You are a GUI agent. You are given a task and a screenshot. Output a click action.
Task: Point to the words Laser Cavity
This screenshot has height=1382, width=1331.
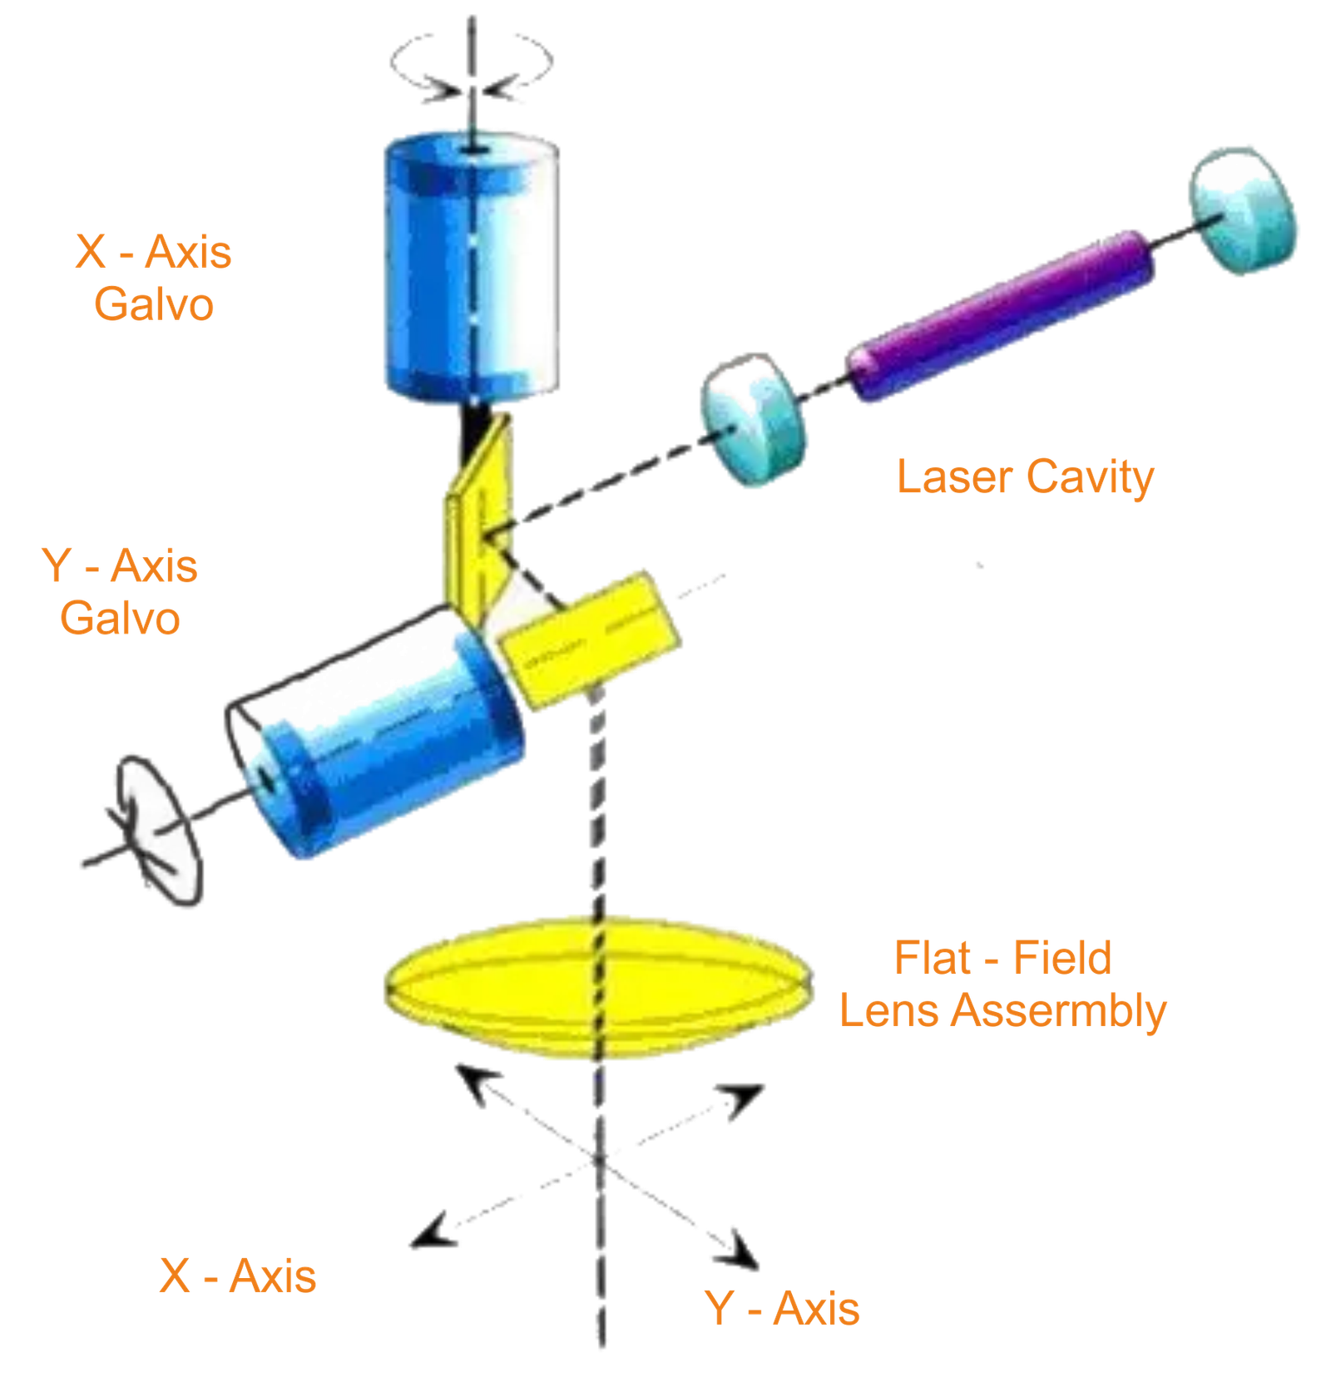click(x=1025, y=478)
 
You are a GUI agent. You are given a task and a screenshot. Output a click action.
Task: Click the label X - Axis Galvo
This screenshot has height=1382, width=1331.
click(x=154, y=277)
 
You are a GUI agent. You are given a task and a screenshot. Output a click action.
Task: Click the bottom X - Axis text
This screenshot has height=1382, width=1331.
click(x=238, y=1276)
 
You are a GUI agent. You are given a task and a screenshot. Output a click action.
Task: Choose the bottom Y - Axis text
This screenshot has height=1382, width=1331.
click(x=783, y=1308)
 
